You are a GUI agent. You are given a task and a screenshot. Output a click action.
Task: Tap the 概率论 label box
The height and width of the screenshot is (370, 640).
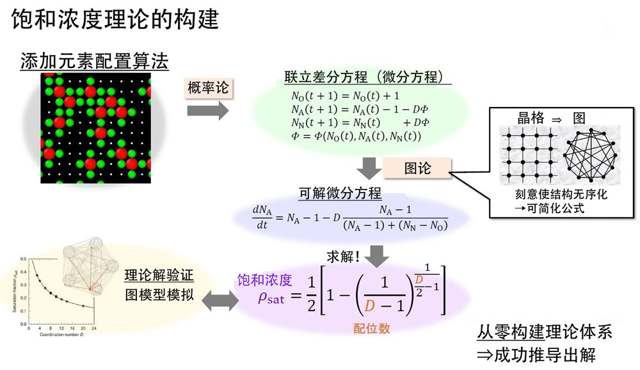(206, 88)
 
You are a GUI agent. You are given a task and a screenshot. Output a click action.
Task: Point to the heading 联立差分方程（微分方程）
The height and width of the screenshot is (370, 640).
(368, 77)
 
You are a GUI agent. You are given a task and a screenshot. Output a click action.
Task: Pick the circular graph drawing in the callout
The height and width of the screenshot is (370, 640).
(589, 156)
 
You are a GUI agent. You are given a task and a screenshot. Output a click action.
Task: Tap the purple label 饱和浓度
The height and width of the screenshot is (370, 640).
(264, 280)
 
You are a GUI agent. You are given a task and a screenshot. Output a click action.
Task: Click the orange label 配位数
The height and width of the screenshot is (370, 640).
(371, 329)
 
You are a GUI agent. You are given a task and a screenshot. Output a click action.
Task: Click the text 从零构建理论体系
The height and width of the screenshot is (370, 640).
(545, 332)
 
